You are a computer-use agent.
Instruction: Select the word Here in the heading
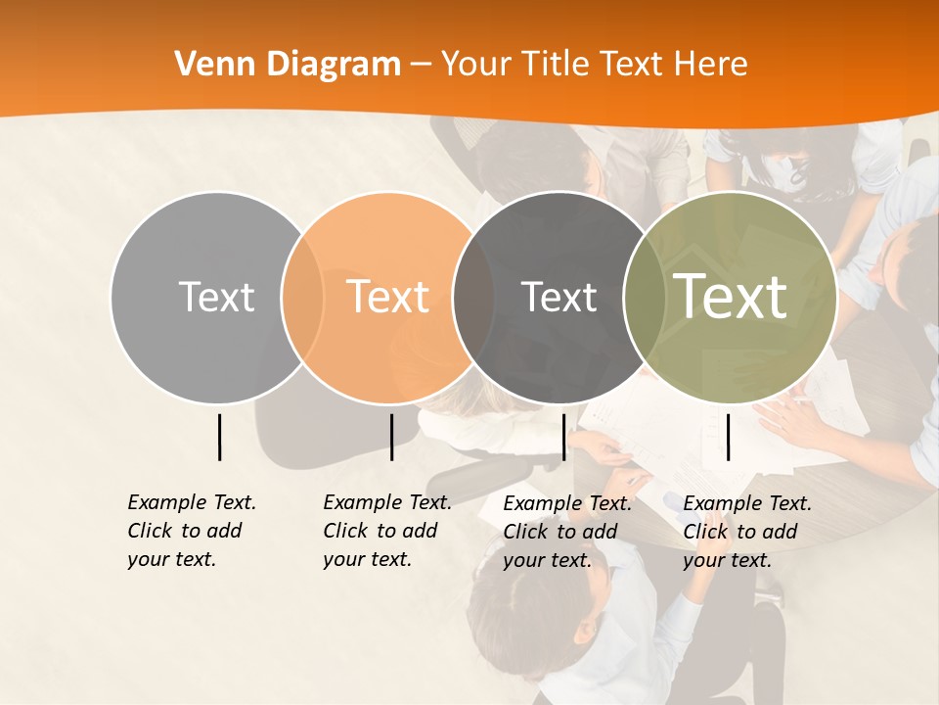712,65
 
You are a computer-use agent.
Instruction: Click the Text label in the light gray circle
216,297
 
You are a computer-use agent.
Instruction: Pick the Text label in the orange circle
388,297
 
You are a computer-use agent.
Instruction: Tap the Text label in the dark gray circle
559,297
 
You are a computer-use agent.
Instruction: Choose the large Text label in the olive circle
731,297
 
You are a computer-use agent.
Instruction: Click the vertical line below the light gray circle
219,437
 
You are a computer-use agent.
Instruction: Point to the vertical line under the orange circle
391,437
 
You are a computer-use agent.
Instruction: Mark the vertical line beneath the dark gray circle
563,437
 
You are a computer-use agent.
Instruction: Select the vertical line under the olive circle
728,437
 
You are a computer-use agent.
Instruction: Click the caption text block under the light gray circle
191,531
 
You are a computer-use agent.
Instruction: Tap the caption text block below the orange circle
386,531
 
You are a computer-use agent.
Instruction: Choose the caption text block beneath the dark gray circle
567,532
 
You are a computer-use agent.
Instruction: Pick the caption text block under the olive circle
747,532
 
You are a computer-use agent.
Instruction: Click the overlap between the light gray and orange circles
302,297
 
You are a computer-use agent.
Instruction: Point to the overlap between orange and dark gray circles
473,297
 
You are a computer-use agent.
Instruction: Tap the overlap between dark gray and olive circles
645,297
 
